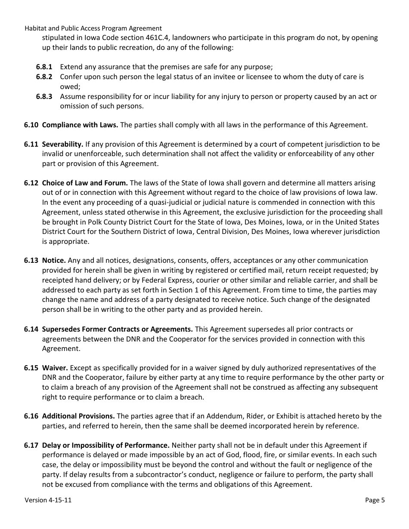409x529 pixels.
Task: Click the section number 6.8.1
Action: pyautogui.click(x=44, y=67)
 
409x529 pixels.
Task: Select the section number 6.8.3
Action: pyautogui.click(x=44, y=96)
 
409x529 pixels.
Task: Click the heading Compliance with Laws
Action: pyautogui.click(x=80, y=125)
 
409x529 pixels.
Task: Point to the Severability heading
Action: pyautogui.click(x=62, y=145)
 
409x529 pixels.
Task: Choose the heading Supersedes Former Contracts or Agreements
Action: pyautogui.click(x=117, y=329)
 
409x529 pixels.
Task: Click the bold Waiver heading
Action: pyautogui.click(x=55, y=368)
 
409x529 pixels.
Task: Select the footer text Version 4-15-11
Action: pyautogui.click(x=48, y=500)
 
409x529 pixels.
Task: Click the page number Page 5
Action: pyautogui.click(x=375, y=500)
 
